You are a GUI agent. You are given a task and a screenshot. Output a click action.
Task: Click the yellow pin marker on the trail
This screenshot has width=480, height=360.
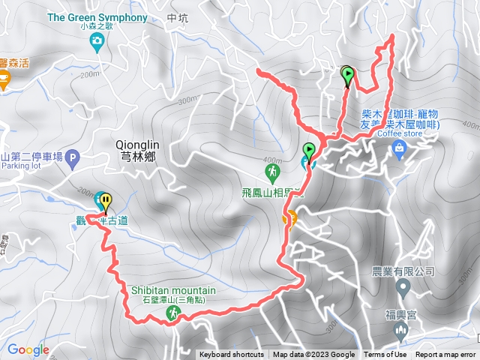click(106, 202)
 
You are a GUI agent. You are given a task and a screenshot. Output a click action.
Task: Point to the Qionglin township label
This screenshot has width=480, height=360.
click(134, 148)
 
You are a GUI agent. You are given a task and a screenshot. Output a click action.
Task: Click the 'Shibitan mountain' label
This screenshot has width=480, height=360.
click(173, 290)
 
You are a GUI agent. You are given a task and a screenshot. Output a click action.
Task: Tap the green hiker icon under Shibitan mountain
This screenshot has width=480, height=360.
click(172, 316)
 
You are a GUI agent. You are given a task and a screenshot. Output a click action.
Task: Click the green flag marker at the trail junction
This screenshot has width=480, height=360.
click(309, 151)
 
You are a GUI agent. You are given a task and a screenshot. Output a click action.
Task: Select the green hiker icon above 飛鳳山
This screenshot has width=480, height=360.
click(271, 172)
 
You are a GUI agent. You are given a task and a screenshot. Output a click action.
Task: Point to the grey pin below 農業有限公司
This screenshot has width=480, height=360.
click(403, 286)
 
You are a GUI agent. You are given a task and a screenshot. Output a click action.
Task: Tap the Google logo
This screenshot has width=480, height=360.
click(28, 349)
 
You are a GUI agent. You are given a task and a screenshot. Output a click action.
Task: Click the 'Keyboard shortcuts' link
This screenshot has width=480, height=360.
click(231, 355)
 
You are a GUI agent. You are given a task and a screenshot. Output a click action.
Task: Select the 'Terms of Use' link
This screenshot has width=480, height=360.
click(385, 355)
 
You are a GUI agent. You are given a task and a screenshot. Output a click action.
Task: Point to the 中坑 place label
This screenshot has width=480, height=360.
click(177, 18)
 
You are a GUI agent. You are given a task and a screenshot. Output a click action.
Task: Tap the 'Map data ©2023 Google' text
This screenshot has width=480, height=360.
click(313, 355)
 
